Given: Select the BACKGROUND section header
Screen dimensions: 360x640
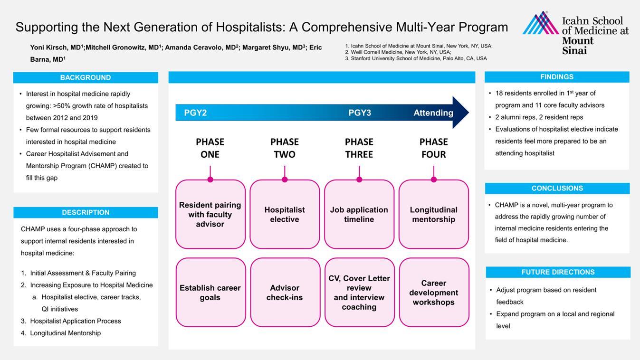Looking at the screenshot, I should tap(86, 77).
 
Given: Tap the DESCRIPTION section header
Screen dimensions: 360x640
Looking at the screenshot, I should tap(86, 212).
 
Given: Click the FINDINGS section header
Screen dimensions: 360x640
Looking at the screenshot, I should tap(557, 77).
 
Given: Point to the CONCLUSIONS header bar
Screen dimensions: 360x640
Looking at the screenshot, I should tap(557, 188).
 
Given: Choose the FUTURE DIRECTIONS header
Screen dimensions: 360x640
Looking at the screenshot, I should tap(558, 272).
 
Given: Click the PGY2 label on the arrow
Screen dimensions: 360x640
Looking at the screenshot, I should tap(195, 113).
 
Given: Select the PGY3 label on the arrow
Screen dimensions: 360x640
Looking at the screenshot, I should tap(360, 113).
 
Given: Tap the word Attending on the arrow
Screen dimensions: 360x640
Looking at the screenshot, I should tap(433, 113).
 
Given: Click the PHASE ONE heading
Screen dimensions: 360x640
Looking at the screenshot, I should tap(210, 148).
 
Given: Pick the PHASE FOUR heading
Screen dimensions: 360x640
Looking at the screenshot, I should tap(433, 148).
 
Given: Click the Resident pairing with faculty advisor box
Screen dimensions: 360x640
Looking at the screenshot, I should tap(210, 214).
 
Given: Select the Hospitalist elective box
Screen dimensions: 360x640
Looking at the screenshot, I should tap(285, 214).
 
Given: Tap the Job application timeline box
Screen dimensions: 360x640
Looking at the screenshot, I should tap(359, 214).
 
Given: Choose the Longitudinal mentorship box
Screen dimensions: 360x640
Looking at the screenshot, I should tap(433, 214).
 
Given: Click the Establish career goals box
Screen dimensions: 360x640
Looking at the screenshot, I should tap(210, 293).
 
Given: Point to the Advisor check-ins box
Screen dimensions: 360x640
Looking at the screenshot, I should tap(285, 293).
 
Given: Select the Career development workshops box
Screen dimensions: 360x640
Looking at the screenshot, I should tap(434, 293).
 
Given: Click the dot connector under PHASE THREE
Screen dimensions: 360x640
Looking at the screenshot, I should tap(359, 180).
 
